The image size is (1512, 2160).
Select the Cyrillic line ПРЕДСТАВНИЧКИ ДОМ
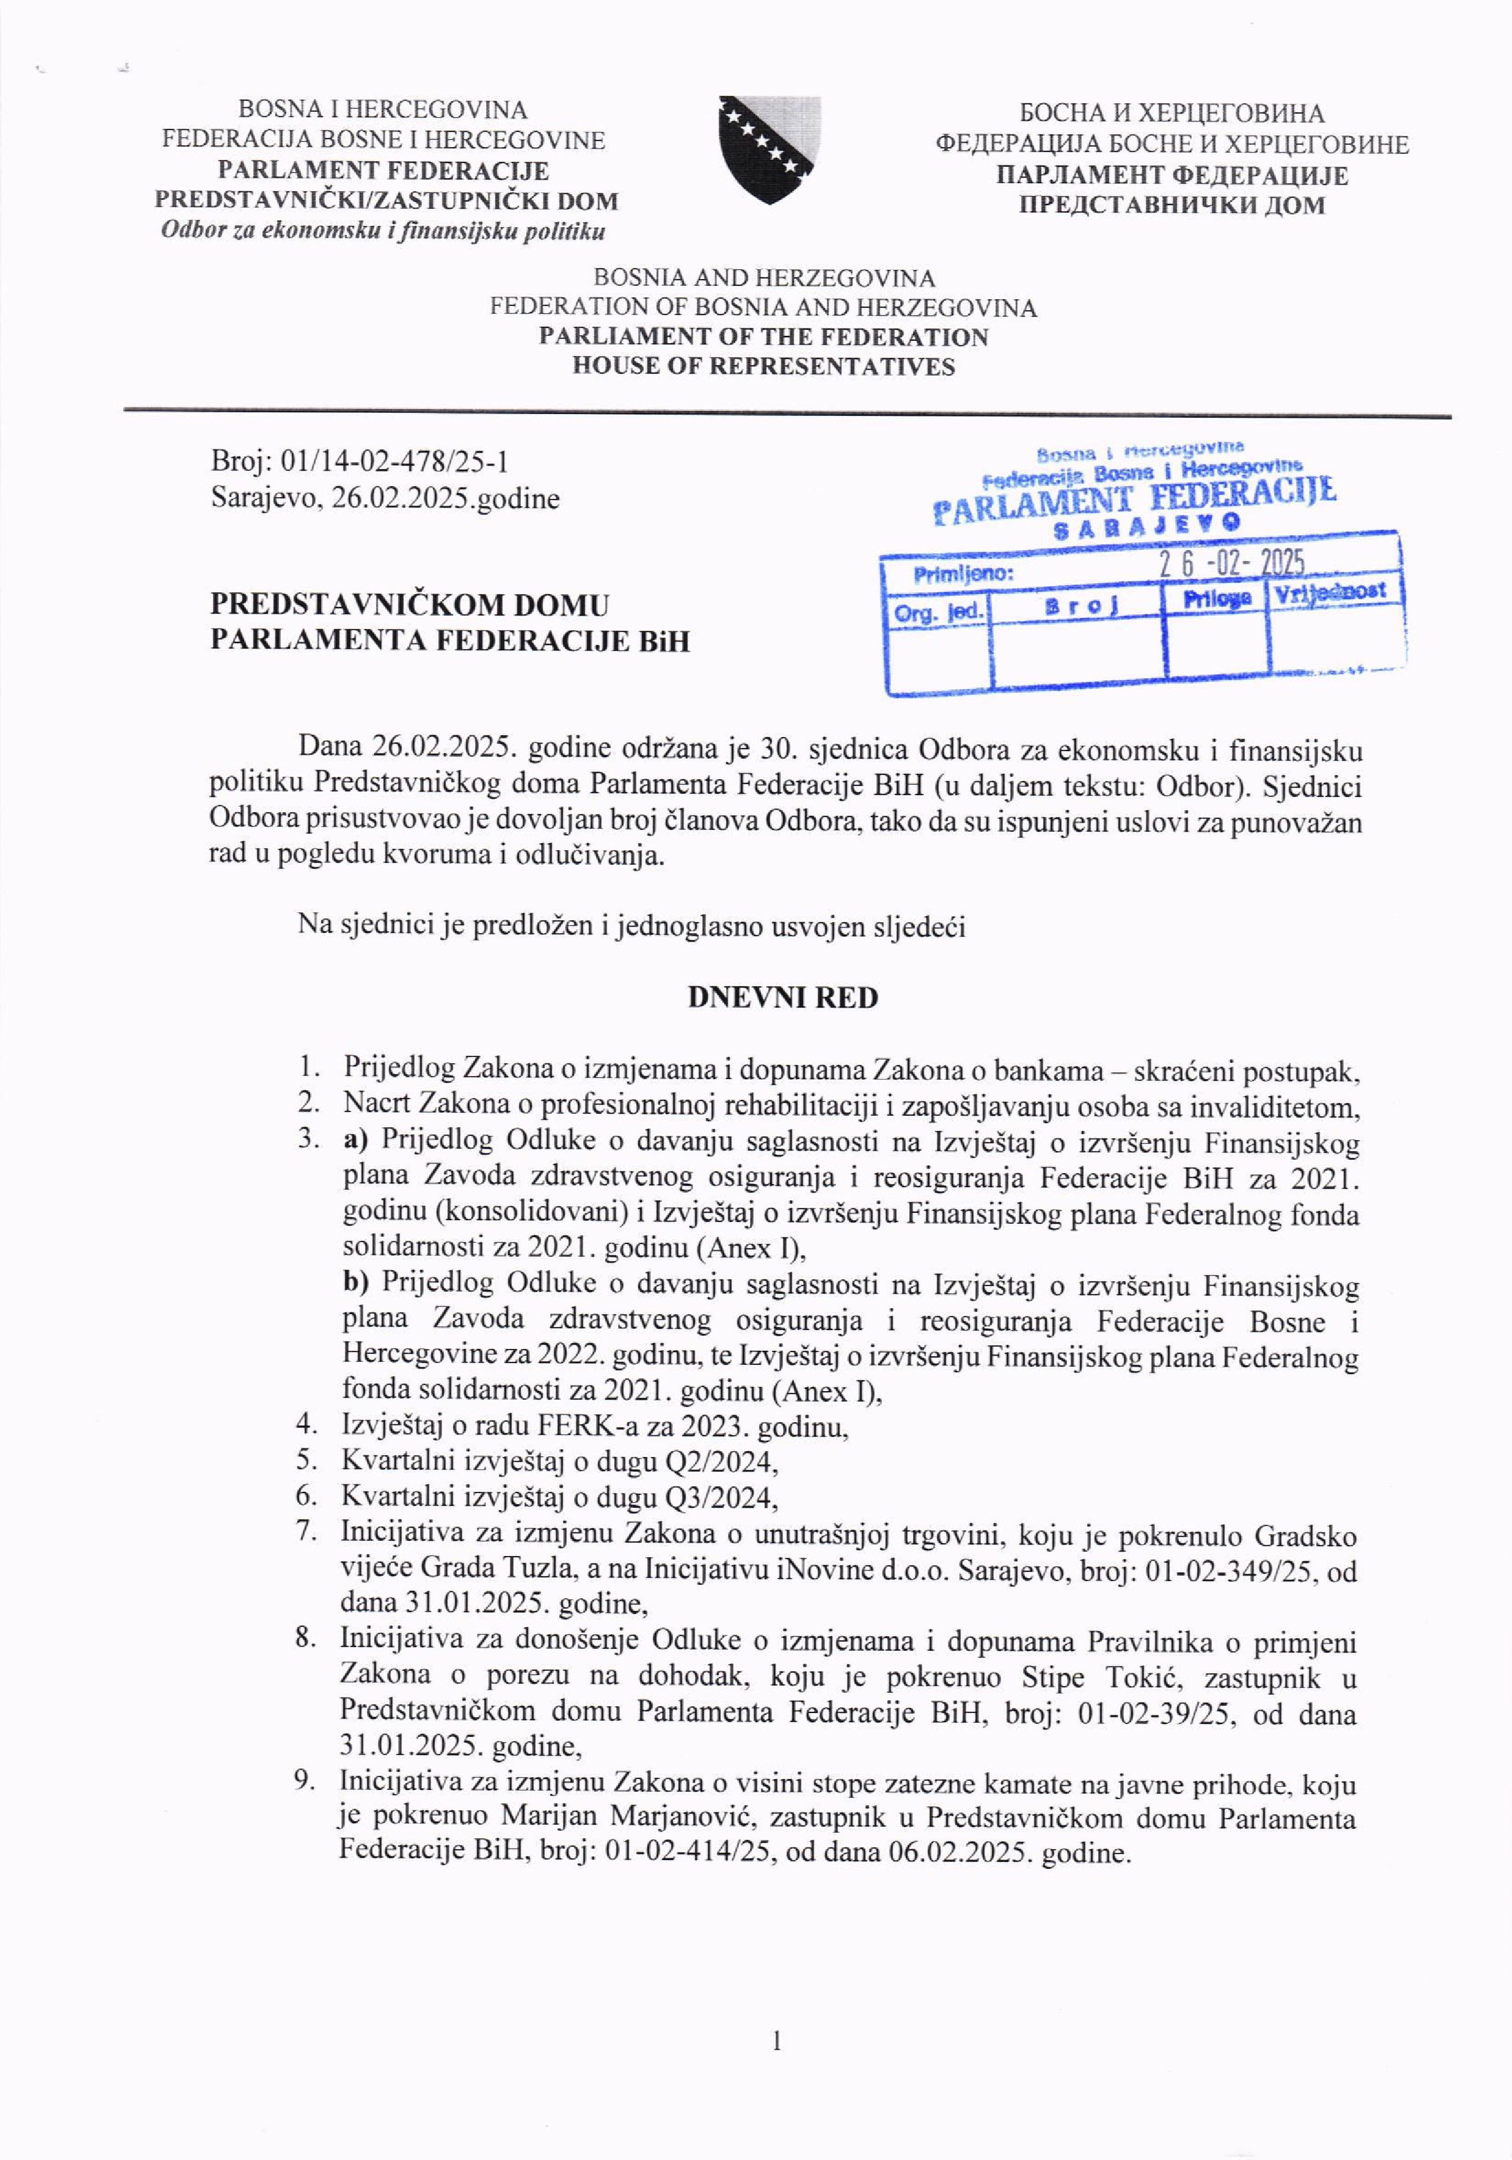tap(1172, 205)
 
